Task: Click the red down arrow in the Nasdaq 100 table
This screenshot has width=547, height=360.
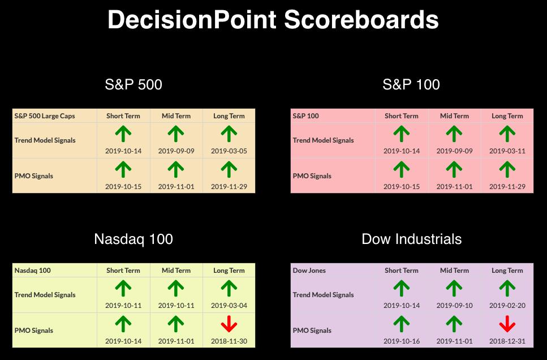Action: pos(229,324)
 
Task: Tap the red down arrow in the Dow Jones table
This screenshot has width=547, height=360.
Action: pos(507,324)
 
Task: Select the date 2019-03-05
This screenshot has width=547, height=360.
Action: pos(229,151)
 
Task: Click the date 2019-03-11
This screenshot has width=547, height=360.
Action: pos(507,151)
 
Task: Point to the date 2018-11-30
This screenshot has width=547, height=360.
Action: pos(229,341)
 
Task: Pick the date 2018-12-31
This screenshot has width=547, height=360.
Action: pos(507,341)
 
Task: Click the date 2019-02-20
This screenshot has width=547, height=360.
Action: pos(507,305)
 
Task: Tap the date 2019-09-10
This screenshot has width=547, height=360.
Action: pos(455,305)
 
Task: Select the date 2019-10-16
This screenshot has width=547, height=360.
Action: pos(402,341)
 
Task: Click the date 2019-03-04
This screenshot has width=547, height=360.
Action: pos(229,305)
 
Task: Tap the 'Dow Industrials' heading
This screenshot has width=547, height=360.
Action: pos(412,239)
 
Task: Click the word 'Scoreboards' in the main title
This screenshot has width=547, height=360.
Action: pos(361,20)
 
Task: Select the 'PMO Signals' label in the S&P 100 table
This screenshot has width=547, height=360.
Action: pos(312,176)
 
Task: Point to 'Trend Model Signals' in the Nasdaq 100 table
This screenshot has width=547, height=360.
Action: pos(45,295)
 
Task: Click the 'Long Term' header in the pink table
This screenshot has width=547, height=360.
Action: pos(507,116)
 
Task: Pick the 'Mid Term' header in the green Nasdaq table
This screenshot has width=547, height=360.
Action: pos(176,270)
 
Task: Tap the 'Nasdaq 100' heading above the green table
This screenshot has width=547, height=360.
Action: pos(133,239)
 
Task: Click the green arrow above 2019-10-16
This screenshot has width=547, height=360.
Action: pos(402,324)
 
